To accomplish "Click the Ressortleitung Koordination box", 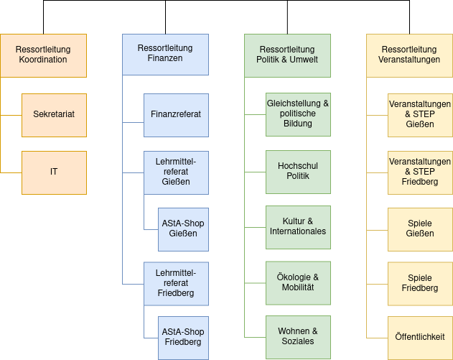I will pyautogui.click(x=43, y=55).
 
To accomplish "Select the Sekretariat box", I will pyautogui.click(x=54, y=114).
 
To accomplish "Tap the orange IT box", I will pyautogui.click(x=54, y=172).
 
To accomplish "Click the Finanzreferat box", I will pyautogui.click(x=176, y=114).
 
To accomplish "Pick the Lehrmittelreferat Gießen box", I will pyautogui.click(x=176, y=172).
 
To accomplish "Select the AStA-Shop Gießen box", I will pyautogui.click(x=183, y=229).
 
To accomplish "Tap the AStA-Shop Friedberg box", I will pyautogui.click(x=183, y=338).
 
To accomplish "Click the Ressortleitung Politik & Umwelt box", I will pyautogui.click(x=287, y=55).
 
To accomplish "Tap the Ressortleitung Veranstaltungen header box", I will pyautogui.click(x=409, y=55).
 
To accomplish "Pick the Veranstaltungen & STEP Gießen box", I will pyautogui.click(x=420, y=114).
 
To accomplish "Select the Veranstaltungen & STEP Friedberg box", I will pyautogui.click(x=420, y=172).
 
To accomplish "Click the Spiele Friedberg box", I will pyautogui.click(x=420, y=283).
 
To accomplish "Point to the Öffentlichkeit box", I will pyautogui.click(x=420, y=337).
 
